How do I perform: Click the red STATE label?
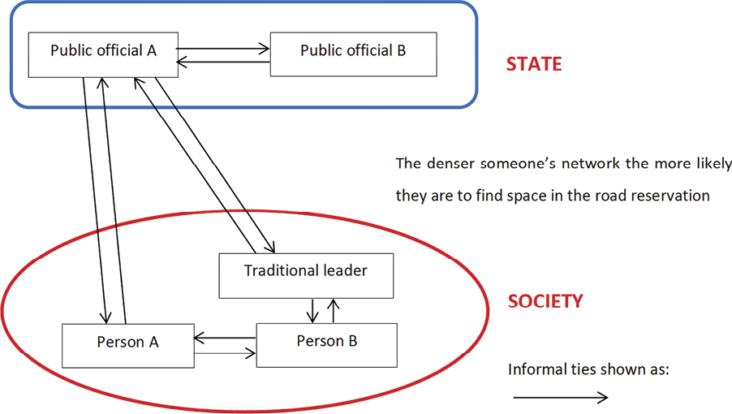[533, 64]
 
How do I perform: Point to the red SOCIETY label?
[545, 301]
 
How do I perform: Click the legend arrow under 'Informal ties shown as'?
[560, 398]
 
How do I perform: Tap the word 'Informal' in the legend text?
[536, 369]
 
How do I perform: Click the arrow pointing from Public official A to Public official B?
[223, 48]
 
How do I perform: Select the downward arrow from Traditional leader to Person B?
[312, 309]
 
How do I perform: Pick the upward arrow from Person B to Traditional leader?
[333, 309]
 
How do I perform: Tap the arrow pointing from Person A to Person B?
[225, 353]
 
